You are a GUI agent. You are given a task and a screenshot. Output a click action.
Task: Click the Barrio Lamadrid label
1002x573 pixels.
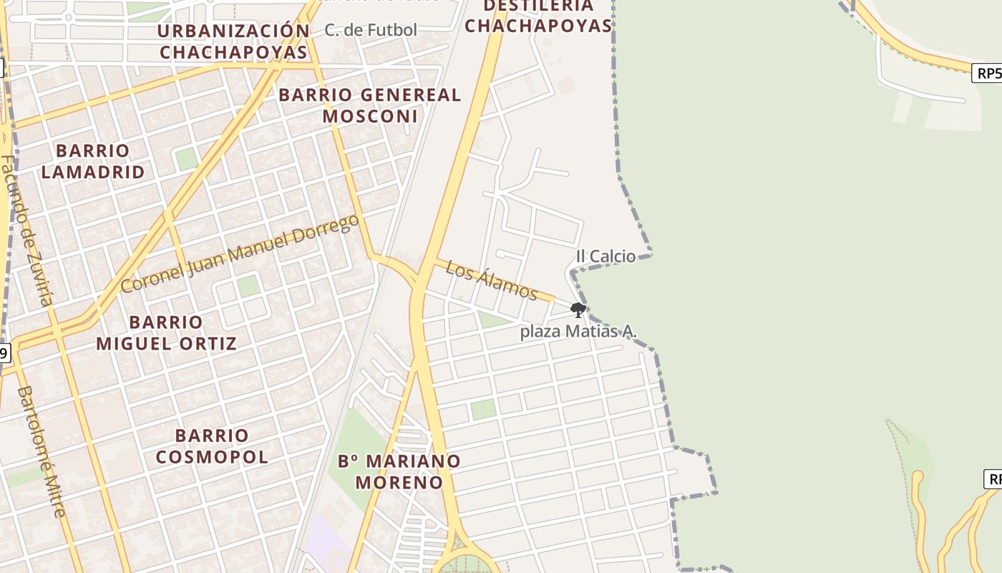pos(93,161)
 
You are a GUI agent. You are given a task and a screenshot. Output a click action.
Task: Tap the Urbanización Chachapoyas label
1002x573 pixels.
pos(233,42)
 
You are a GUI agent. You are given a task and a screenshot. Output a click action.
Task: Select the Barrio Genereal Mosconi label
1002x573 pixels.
pos(369,105)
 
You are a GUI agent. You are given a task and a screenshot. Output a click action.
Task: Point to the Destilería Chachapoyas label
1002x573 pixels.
pos(539,16)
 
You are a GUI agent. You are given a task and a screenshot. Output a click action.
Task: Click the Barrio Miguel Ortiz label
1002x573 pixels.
pos(166,332)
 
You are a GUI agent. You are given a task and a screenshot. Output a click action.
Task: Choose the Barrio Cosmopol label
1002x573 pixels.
pos(212,446)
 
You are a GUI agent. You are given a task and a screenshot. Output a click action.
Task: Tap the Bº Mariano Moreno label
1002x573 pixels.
pos(399,471)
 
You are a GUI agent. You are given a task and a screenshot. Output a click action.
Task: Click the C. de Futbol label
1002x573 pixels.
pos(370,30)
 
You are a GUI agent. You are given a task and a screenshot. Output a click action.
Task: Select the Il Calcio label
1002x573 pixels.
pos(605,256)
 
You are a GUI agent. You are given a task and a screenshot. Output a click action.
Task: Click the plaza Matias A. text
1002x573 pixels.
pos(578,332)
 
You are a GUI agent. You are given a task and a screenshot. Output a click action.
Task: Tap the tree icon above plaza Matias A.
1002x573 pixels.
pos(578,310)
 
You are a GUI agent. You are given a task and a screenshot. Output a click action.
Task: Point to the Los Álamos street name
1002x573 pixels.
pos(491,279)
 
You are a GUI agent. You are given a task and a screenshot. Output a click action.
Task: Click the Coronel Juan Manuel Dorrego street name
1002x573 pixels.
pos(240,254)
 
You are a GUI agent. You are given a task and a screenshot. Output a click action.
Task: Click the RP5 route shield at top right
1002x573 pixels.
pos(988,73)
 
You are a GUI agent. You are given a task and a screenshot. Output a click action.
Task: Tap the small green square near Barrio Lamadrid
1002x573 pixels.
pos(186,158)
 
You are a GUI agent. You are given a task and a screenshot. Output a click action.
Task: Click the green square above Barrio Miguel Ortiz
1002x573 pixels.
pos(248,286)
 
